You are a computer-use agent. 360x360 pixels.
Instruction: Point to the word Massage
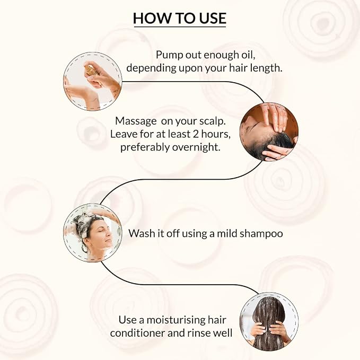coord(136,121)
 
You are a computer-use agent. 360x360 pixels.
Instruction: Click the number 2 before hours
coord(196,134)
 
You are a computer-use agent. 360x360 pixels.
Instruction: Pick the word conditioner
coord(137,333)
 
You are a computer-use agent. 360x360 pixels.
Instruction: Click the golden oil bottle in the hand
coord(91,71)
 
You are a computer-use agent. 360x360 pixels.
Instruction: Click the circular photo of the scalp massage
coord(269,132)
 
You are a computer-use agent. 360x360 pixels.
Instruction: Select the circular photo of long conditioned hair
coord(269,321)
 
